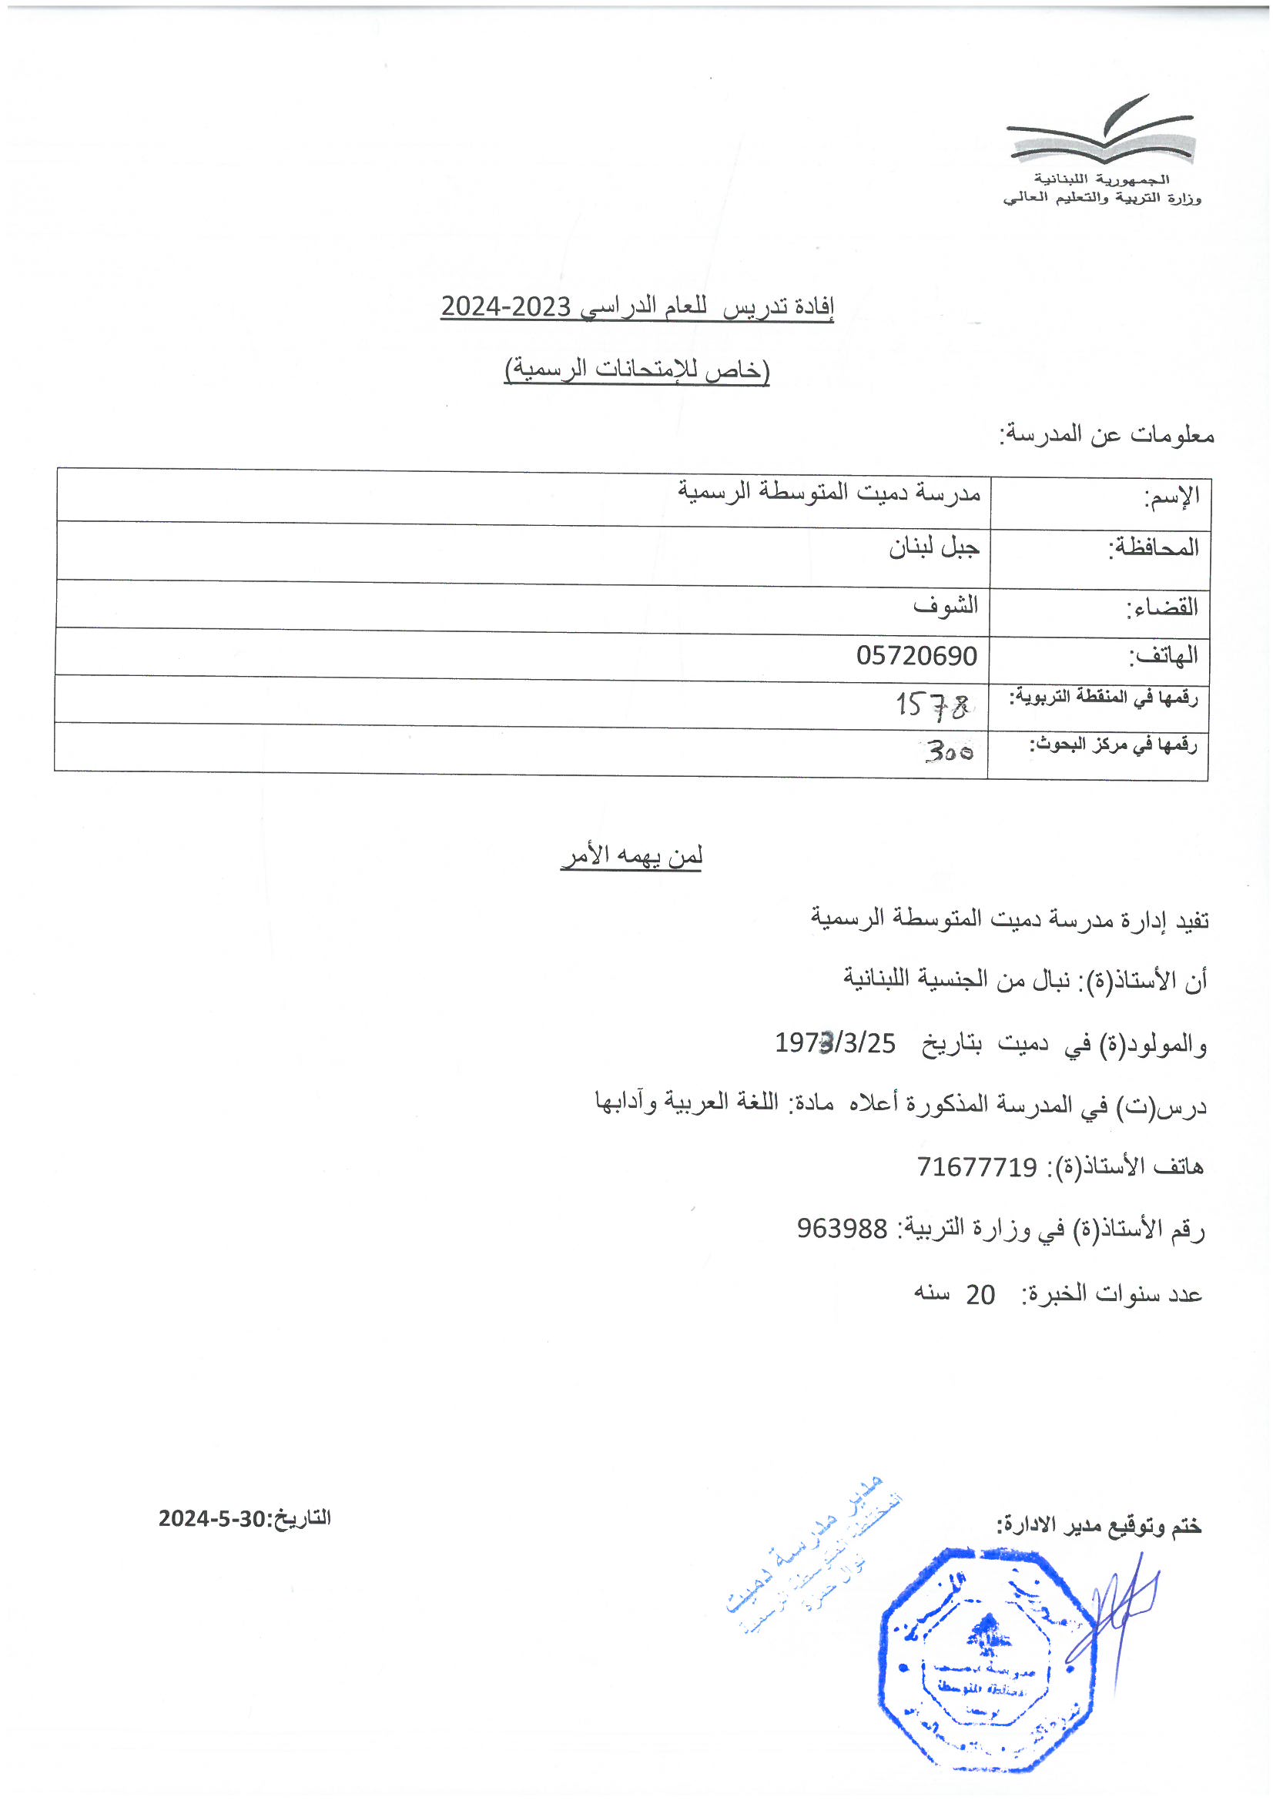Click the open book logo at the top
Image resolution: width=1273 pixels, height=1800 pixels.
pos(1101,132)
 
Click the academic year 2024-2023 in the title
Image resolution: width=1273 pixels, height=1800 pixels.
pos(505,306)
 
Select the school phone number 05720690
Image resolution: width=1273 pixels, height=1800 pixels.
pos(916,655)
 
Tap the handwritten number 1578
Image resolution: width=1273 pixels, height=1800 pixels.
pos(933,704)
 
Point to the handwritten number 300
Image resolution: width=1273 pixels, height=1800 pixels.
pos(949,752)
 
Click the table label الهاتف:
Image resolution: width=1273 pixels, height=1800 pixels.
pos(1163,655)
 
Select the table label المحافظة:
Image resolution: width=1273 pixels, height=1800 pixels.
pos(1153,547)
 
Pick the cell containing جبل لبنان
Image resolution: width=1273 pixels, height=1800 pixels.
pos(933,547)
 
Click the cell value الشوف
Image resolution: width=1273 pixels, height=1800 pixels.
pos(945,605)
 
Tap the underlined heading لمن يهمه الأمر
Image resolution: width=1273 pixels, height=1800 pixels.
pos(631,855)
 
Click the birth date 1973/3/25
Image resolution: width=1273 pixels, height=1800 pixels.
pos(835,1043)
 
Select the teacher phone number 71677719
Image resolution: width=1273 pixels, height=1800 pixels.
pos(977,1167)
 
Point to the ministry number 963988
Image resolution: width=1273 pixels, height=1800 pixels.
pos(842,1229)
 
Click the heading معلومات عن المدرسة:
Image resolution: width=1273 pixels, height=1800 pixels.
pos(1106,433)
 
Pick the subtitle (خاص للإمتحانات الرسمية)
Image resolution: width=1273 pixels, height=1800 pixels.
pos(636,370)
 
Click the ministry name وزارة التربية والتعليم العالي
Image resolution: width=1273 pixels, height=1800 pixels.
pos(1101,199)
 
